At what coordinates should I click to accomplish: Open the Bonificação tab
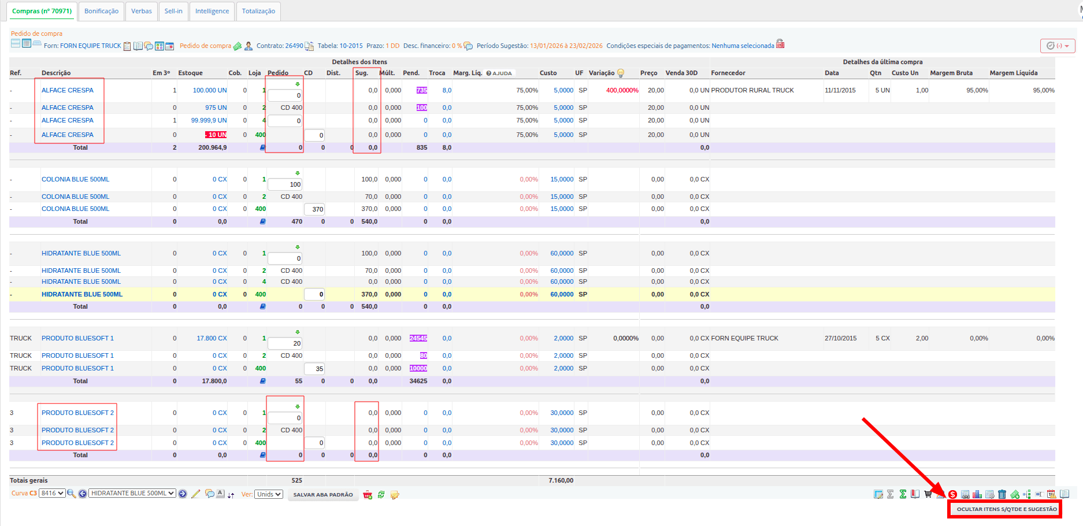coord(101,11)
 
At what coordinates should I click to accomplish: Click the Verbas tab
coord(142,11)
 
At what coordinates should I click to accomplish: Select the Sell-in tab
coord(173,11)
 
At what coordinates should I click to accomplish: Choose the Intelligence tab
coord(212,11)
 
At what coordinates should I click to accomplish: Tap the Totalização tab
coord(258,11)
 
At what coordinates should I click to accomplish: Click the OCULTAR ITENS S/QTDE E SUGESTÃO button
coord(1006,509)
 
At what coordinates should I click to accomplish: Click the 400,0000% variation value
coord(622,90)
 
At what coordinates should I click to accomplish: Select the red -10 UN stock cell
coord(216,135)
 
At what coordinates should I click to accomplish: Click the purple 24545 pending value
coord(418,338)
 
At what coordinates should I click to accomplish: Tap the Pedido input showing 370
coord(314,209)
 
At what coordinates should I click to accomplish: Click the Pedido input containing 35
coord(314,369)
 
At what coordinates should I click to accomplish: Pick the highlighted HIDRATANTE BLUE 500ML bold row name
coord(82,294)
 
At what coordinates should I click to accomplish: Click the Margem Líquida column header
coord(1014,73)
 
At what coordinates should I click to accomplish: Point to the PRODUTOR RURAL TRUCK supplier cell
coord(752,90)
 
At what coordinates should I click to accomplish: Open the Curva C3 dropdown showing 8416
coord(52,494)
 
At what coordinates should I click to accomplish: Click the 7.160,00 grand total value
coord(561,480)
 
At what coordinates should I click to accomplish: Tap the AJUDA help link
coord(499,73)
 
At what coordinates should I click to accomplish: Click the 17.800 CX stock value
coord(212,338)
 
